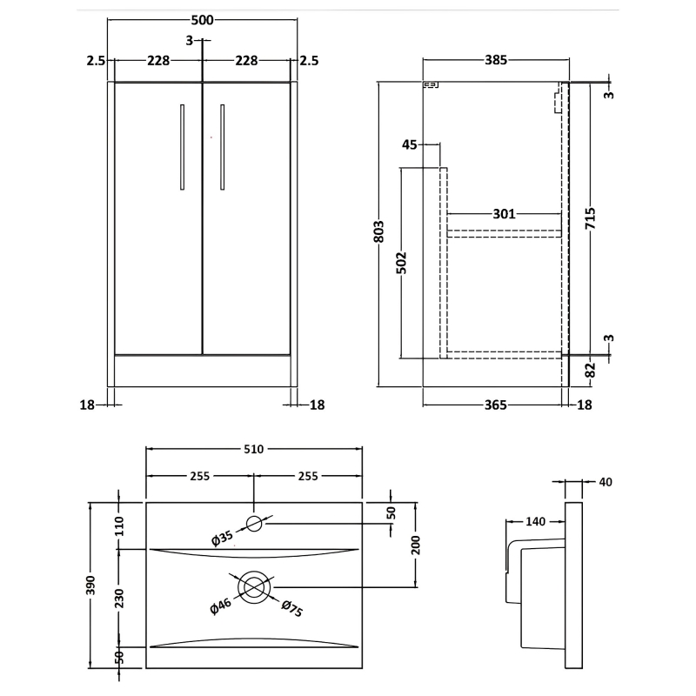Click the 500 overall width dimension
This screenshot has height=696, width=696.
[201, 21]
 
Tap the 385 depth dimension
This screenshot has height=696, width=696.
[494, 60]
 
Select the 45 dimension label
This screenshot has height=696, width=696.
[411, 144]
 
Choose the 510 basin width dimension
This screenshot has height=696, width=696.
[253, 449]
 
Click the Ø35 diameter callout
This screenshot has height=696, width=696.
[224, 539]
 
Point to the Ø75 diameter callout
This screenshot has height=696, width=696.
[291, 610]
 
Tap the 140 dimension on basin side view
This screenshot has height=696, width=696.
[534, 521]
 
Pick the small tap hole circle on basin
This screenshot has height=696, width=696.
[254, 523]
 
